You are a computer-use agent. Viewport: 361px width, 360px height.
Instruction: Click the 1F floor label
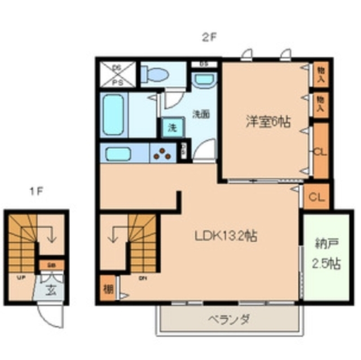(36, 190)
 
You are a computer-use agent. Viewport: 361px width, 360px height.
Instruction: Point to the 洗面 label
(201, 114)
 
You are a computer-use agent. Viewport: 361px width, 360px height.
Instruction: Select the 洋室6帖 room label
(267, 121)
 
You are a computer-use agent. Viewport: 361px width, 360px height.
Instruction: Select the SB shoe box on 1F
(50, 264)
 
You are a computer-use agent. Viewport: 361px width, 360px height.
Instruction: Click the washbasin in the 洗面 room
(201, 81)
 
